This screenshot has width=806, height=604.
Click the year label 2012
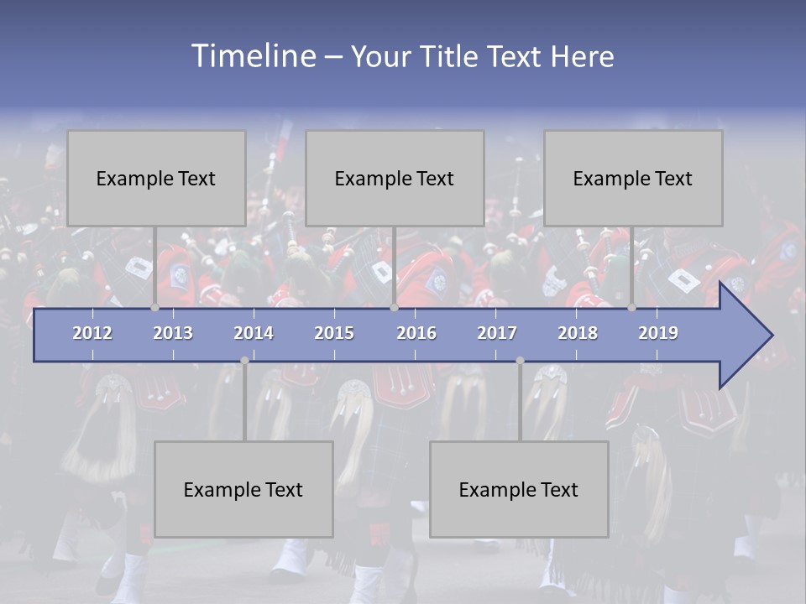click(x=92, y=333)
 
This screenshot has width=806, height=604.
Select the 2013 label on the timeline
click(x=173, y=333)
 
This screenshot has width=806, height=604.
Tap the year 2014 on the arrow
click(x=254, y=333)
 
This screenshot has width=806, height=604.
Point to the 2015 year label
click(x=334, y=333)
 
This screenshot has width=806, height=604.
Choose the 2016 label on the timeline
click(x=416, y=333)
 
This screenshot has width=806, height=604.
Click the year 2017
click(x=497, y=333)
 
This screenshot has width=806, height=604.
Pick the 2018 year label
click(x=578, y=333)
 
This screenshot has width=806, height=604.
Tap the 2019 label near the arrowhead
click(x=658, y=333)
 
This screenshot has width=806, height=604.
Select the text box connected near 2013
click(x=156, y=178)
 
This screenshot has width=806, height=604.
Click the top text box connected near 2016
click(x=395, y=178)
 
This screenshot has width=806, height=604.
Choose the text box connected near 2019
click(x=633, y=178)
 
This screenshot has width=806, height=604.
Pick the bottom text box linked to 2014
click(x=243, y=489)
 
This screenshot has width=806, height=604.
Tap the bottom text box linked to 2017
click(x=519, y=489)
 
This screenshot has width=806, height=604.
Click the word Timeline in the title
click(x=251, y=56)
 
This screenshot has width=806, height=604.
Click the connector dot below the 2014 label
click(x=244, y=360)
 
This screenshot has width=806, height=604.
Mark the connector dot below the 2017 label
click(x=520, y=360)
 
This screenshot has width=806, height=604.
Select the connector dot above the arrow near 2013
click(x=154, y=308)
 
